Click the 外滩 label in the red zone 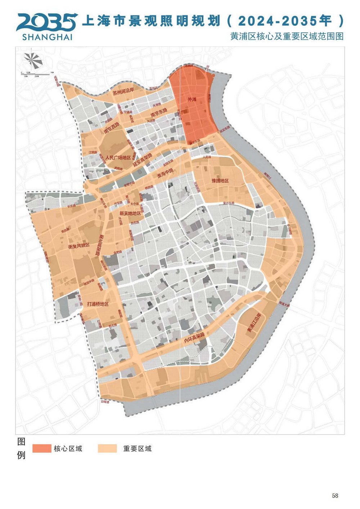tap(192, 99)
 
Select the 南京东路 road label tap(159, 113)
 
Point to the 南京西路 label tap(111, 128)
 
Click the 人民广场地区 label tap(118, 158)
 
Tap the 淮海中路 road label tap(165, 174)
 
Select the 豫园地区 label tap(220, 180)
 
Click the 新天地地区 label tap(130, 213)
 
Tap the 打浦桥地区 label tap(98, 304)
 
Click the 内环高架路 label tap(194, 338)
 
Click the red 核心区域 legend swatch tap(42, 448)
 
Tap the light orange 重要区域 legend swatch tap(107, 448)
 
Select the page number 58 tap(335, 496)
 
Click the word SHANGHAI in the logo tap(47, 37)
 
